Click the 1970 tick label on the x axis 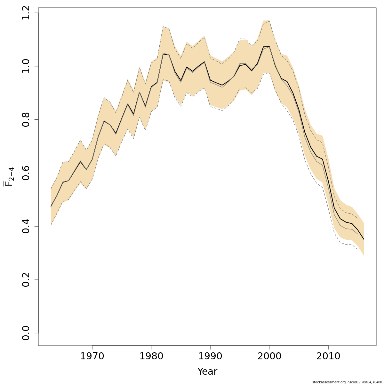click(x=92, y=356)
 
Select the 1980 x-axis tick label click(x=151, y=356)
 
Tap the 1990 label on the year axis click(x=210, y=356)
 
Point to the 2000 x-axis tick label click(x=269, y=356)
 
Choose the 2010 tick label click(x=328, y=356)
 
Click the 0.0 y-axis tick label click(x=26, y=333)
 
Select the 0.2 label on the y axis click(x=26, y=279)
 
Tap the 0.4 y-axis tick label click(x=26, y=226)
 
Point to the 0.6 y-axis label click(x=26, y=173)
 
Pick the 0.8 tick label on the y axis click(x=26, y=119)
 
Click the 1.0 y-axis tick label click(x=26, y=66)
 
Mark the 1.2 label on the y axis click(x=26, y=13)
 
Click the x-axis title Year click(x=207, y=372)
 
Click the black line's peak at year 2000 click(x=269, y=46)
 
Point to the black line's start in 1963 click(x=51, y=207)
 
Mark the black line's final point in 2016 click(x=364, y=239)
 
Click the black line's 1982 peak click(x=163, y=54)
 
